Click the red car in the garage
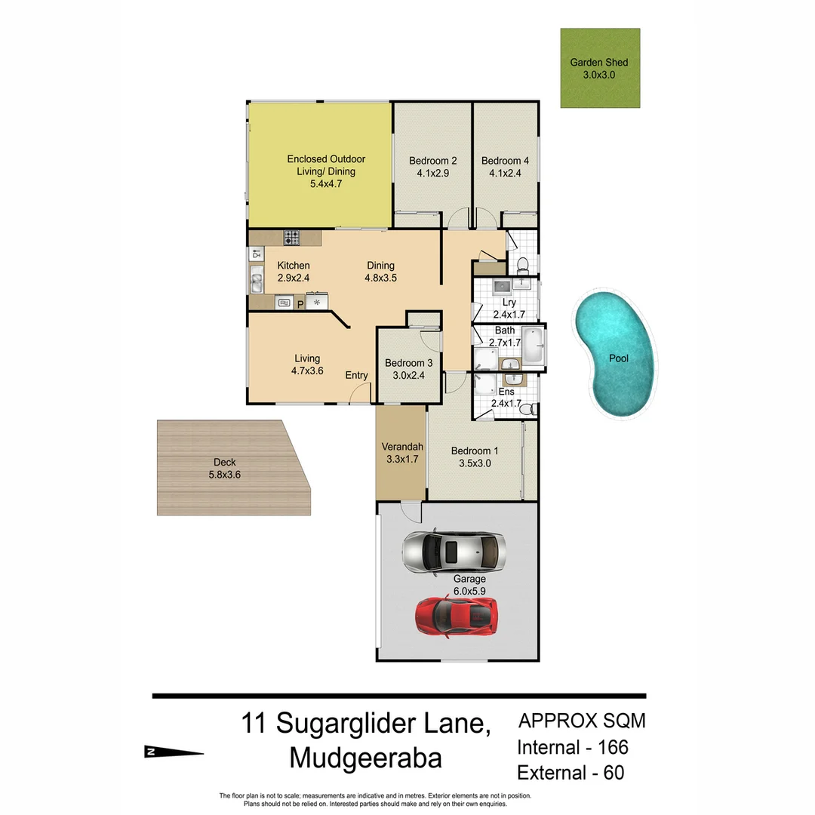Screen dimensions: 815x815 [x=456, y=615]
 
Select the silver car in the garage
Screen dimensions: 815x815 [x=453, y=552]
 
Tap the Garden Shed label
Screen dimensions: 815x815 [x=599, y=63]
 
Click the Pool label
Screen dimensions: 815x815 [x=619, y=358]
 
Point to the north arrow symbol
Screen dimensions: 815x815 [x=173, y=751]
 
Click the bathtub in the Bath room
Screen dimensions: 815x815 [x=533, y=346]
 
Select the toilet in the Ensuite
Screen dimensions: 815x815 [x=529, y=408]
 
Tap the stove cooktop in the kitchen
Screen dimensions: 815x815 [x=292, y=237]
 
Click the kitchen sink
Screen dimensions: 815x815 [x=257, y=283]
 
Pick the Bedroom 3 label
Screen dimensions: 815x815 [x=408, y=362]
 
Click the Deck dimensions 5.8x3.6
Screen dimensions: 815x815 [x=224, y=475]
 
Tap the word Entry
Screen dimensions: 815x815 [x=356, y=376]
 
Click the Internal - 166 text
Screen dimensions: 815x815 [x=572, y=747]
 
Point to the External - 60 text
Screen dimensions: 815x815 [x=570, y=773]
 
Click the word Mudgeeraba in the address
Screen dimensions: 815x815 [x=366, y=757]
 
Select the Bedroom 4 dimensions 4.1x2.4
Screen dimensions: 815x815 [x=505, y=173]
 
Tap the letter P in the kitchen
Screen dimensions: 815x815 [x=300, y=303]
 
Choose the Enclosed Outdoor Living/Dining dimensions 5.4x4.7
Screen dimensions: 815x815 [x=326, y=183]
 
